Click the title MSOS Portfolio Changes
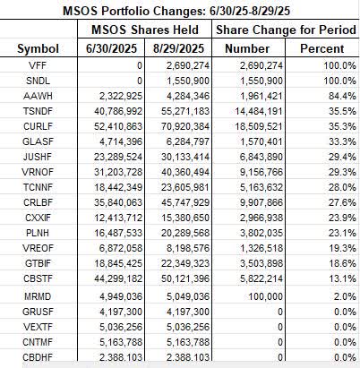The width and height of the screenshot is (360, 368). click(178, 11)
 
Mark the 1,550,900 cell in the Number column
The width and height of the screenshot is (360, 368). click(258, 81)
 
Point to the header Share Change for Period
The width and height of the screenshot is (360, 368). click(281, 29)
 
